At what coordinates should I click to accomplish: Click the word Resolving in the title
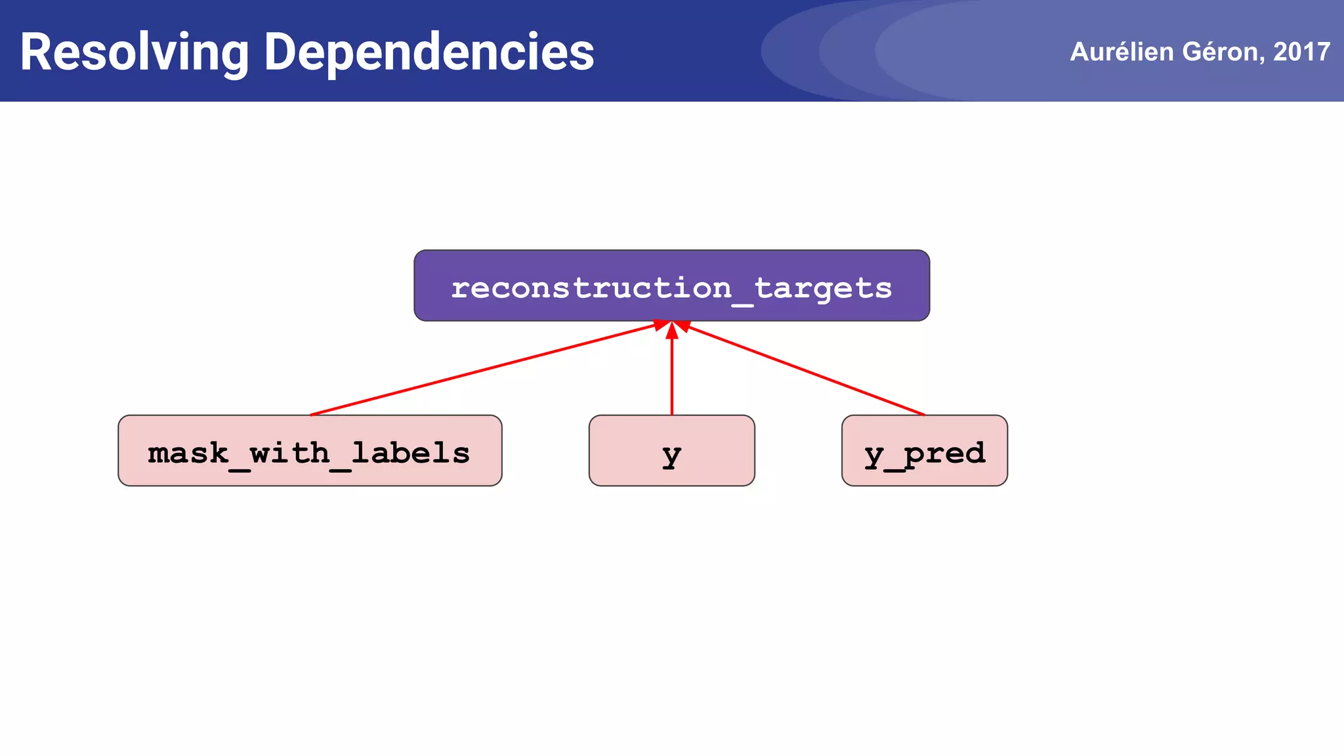pos(135,52)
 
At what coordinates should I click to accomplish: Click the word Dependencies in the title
pos(429,52)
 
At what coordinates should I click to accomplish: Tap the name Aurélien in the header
pos(1122,52)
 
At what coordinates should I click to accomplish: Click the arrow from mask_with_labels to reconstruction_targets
pos(482,369)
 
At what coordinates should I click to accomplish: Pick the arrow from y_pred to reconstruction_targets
pos(804,369)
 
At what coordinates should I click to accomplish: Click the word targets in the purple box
pos(823,288)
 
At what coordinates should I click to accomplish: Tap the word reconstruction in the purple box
pos(591,288)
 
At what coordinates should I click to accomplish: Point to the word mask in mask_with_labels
pos(188,453)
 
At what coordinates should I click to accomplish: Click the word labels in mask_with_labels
pos(411,453)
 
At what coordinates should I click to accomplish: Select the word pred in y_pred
pos(944,453)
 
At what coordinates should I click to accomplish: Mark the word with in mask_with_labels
pos(289,453)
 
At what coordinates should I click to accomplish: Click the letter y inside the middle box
pos(671,454)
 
